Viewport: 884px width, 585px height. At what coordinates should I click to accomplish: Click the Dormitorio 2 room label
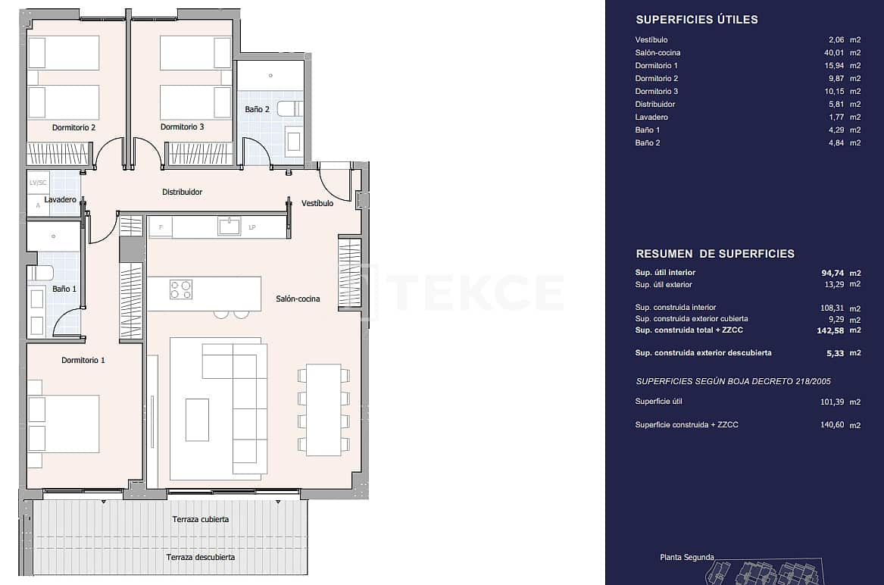pyautogui.click(x=73, y=127)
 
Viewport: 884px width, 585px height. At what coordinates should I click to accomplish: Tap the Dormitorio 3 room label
pyautogui.click(x=182, y=127)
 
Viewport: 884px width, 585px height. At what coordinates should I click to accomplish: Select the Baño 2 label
pyautogui.click(x=257, y=109)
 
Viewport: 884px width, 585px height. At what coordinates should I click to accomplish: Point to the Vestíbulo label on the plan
pyautogui.click(x=317, y=203)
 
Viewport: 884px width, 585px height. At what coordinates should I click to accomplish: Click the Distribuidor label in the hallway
pyautogui.click(x=183, y=192)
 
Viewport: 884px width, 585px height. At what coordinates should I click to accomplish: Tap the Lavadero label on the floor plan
pyautogui.click(x=60, y=200)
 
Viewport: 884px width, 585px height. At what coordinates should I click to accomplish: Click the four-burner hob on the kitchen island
pyautogui.click(x=181, y=289)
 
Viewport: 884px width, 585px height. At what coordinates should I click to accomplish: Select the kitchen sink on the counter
pyautogui.click(x=229, y=226)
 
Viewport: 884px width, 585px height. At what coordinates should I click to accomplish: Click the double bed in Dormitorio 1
pyautogui.click(x=64, y=424)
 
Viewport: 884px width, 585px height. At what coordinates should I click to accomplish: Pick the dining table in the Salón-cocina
pyautogui.click(x=323, y=409)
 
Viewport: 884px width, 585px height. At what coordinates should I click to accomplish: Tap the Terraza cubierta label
pyautogui.click(x=200, y=519)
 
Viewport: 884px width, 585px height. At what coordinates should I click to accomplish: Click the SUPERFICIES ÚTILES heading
pyautogui.click(x=696, y=20)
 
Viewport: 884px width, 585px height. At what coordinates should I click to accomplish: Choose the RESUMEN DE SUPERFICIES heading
pyautogui.click(x=714, y=254)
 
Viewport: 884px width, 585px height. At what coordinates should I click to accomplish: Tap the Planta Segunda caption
pyautogui.click(x=686, y=557)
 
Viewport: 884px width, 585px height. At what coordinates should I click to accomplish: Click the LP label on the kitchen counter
pyautogui.click(x=252, y=227)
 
